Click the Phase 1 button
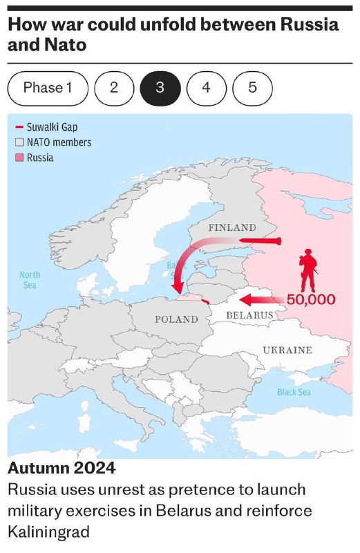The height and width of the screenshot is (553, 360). (48, 88)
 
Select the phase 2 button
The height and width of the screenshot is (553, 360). (113, 88)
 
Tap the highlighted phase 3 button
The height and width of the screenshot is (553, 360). (160, 88)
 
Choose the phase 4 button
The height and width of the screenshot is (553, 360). (206, 88)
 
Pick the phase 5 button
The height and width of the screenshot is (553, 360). (252, 88)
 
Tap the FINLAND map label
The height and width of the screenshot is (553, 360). (231, 227)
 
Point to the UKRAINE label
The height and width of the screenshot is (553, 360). (287, 350)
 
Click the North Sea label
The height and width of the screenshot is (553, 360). (30, 279)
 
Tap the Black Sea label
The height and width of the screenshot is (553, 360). (294, 392)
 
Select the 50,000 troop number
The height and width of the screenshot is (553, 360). (310, 300)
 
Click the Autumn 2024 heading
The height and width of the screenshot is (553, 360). (61, 468)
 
